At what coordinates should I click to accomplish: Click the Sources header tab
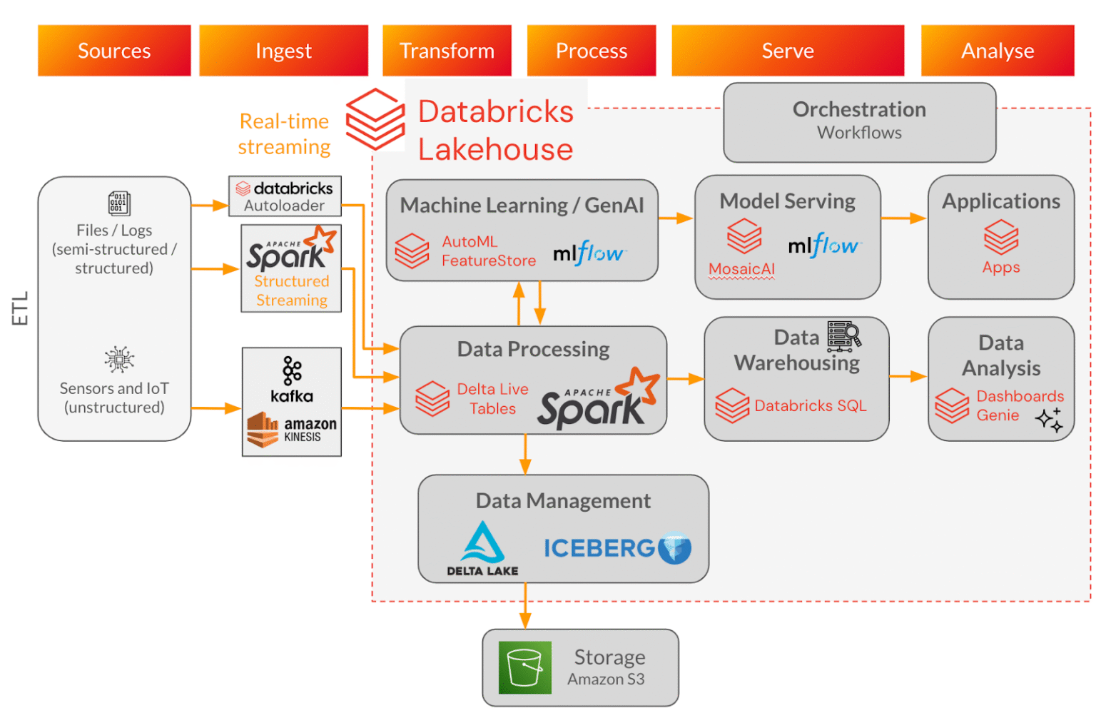pyautogui.click(x=114, y=51)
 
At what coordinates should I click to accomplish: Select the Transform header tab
pyautogui.click(x=447, y=51)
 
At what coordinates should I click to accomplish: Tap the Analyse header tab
pyautogui.click(x=997, y=51)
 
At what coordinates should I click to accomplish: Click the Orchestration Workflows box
pyautogui.click(x=859, y=121)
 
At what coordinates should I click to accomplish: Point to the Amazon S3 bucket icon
pyautogui.click(x=524, y=667)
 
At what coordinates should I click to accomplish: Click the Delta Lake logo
pyautogui.click(x=482, y=549)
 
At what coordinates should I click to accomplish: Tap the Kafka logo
pyautogui.click(x=292, y=379)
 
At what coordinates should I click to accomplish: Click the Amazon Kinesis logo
pyautogui.click(x=292, y=430)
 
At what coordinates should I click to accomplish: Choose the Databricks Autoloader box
pyautogui.click(x=285, y=196)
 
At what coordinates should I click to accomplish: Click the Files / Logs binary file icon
pyautogui.click(x=118, y=203)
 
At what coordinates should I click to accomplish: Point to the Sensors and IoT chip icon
pyautogui.click(x=118, y=360)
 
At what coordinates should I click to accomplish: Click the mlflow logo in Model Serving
pyautogui.click(x=824, y=246)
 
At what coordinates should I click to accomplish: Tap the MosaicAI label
pyautogui.click(x=741, y=269)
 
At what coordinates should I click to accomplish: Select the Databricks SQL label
pyautogui.click(x=810, y=405)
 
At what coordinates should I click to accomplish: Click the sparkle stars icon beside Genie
pyautogui.click(x=1050, y=420)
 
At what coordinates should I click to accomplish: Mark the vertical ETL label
pyautogui.click(x=20, y=308)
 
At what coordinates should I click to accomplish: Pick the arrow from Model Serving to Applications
pyautogui.click(x=903, y=218)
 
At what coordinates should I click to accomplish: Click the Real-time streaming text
pyautogui.click(x=284, y=134)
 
